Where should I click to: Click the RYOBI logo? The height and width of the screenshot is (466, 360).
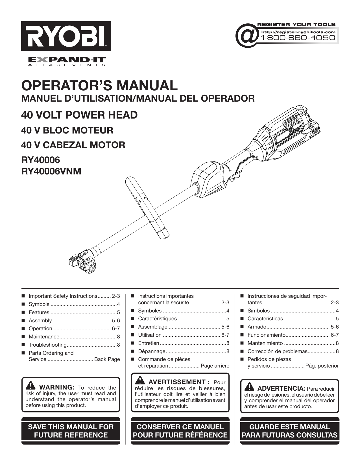(66, 36)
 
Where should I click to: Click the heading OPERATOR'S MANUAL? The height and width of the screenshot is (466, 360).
(100, 86)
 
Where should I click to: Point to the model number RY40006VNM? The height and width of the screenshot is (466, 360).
(51, 171)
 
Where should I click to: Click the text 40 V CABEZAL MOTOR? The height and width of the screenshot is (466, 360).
(73, 145)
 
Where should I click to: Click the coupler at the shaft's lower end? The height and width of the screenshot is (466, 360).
(82, 260)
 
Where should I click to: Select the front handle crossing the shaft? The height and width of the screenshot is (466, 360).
(147, 206)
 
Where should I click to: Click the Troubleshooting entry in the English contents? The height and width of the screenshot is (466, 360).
(47, 345)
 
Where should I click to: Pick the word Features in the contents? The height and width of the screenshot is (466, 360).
(39, 312)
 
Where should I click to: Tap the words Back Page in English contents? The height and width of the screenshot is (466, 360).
(107, 359)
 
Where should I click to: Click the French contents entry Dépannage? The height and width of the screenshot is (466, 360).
(152, 351)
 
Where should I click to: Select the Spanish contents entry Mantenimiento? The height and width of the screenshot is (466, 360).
(265, 343)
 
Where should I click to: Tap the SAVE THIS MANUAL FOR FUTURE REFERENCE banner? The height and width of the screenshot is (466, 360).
(71, 431)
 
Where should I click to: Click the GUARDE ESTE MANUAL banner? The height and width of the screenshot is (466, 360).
(290, 431)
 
